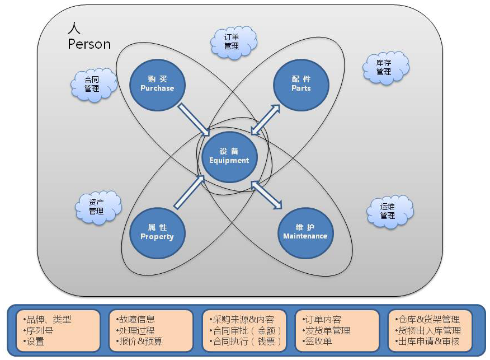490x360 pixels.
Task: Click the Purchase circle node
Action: point(157,84)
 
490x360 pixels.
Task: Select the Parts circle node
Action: point(301,84)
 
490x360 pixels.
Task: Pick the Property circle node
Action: point(157,232)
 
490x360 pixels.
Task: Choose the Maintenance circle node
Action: point(305,232)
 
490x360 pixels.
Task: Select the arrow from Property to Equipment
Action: point(190,191)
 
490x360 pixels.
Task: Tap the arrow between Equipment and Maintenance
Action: point(266,194)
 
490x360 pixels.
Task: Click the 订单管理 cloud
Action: point(232,41)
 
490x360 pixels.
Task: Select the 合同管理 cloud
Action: point(92,85)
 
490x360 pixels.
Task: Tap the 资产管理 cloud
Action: point(97,207)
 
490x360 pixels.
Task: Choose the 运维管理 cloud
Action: point(388,211)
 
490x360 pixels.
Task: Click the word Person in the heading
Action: point(89,44)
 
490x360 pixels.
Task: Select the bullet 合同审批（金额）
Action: point(244,330)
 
